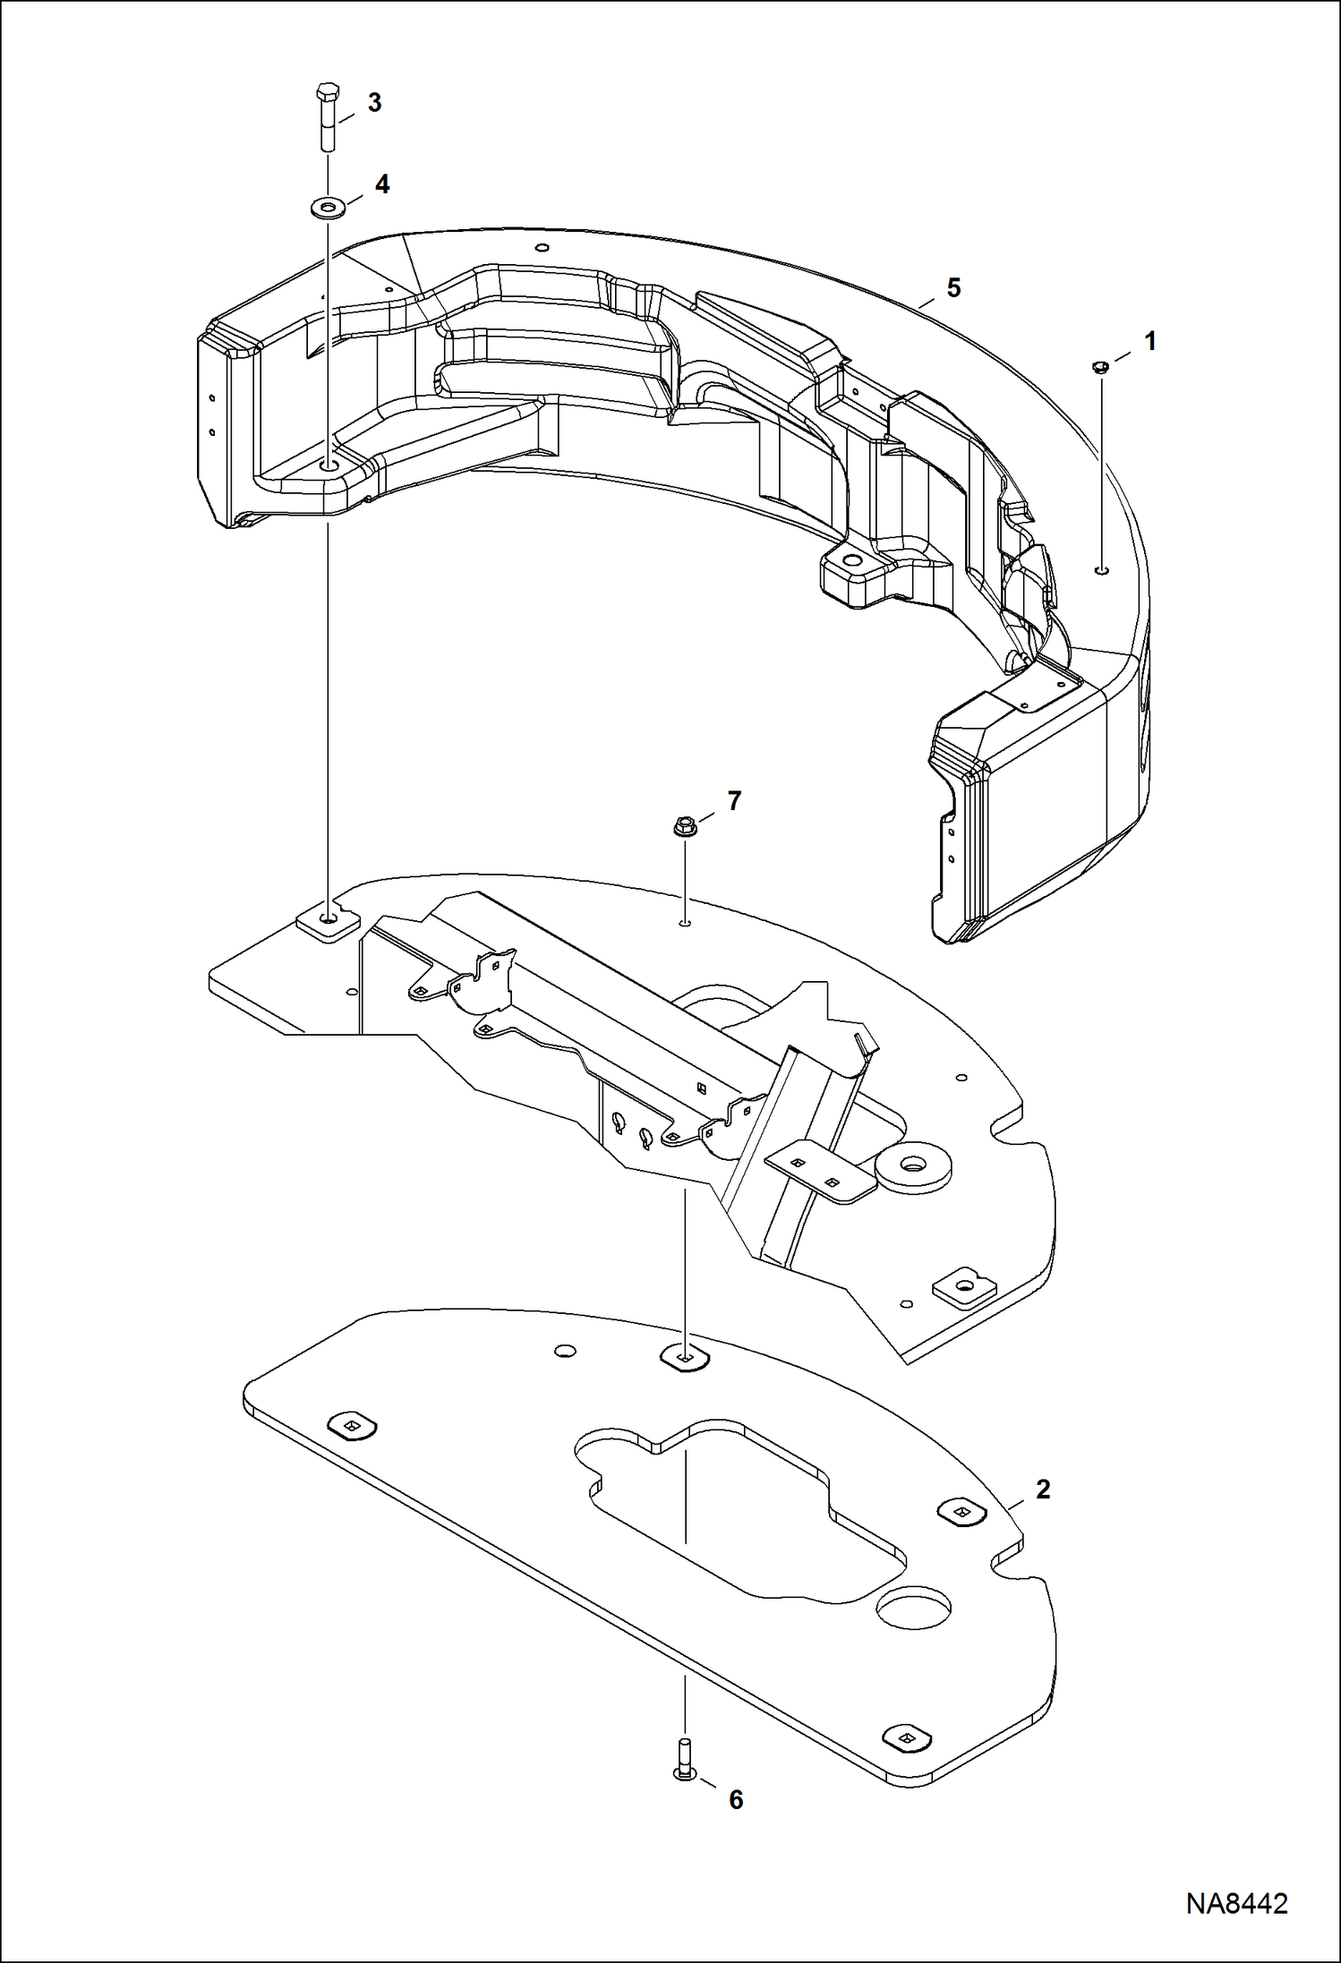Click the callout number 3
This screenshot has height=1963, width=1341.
[374, 103]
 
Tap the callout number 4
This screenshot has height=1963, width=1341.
[382, 184]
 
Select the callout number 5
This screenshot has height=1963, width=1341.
[953, 288]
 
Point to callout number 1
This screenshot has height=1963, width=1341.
[1150, 341]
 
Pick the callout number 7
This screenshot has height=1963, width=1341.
[734, 801]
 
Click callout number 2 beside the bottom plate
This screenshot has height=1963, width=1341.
[1042, 1489]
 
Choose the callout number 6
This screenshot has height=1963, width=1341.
[736, 1799]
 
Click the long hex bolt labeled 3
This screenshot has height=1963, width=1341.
[327, 116]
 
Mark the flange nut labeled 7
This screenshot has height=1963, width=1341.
[684, 827]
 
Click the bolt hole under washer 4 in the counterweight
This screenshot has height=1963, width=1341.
[329, 467]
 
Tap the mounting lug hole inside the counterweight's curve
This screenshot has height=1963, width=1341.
[849, 562]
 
